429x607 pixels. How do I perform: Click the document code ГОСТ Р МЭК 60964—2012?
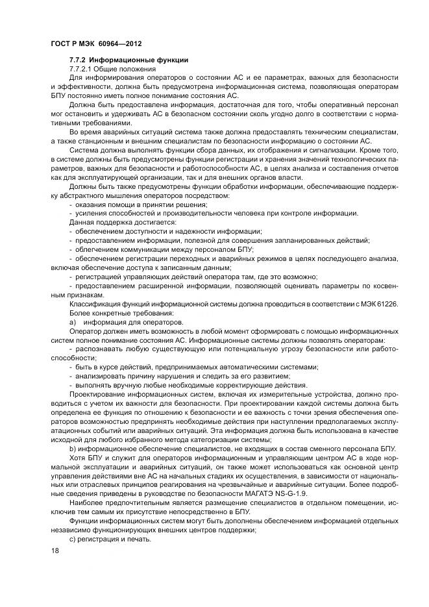(x=96, y=44)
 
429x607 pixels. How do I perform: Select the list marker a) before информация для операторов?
(x=73, y=323)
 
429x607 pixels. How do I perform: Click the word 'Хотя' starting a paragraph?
(x=77, y=458)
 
